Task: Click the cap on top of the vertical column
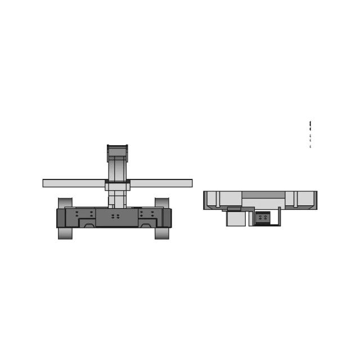(x=118, y=151)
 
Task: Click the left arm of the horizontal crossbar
(x=74, y=183)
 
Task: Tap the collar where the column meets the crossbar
(x=118, y=186)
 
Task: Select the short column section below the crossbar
(x=117, y=199)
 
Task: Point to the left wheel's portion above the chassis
(x=65, y=202)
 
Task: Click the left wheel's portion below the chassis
(x=65, y=233)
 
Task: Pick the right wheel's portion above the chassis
(x=162, y=202)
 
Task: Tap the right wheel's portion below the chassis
(x=162, y=233)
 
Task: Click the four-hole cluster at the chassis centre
(x=115, y=216)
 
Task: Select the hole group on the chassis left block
(x=84, y=214)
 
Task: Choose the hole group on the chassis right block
(x=147, y=214)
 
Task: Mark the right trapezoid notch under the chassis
(x=145, y=225)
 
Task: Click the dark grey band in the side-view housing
(x=263, y=195)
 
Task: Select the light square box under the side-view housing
(x=236, y=218)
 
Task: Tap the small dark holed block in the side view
(x=263, y=217)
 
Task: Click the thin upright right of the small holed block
(x=279, y=216)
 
